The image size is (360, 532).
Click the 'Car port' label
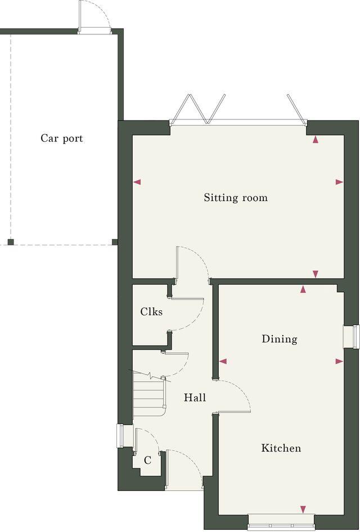[x=61, y=138]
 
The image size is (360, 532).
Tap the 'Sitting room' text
[x=236, y=198]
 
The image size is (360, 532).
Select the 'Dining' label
[x=279, y=339]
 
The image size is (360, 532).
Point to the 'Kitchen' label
[x=281, y=449]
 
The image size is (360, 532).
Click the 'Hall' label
[x=195, y=398]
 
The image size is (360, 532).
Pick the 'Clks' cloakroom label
[x=151, y=311]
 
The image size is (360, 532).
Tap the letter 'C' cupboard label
[x=147, y=461]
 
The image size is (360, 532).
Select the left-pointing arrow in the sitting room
[x=137, y=182]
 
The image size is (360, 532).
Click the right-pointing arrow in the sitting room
[x=339, y=182]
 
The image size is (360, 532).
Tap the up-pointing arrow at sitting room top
[x=316, y=140]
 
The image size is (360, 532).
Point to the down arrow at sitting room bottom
[x=316, y=274]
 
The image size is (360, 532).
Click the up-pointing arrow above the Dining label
[x=303, y=289]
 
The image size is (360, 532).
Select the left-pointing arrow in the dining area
[x=223, y=361]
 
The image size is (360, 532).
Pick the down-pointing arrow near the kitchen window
[x=303, y=509]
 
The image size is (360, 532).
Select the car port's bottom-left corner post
[x=10, y=242]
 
